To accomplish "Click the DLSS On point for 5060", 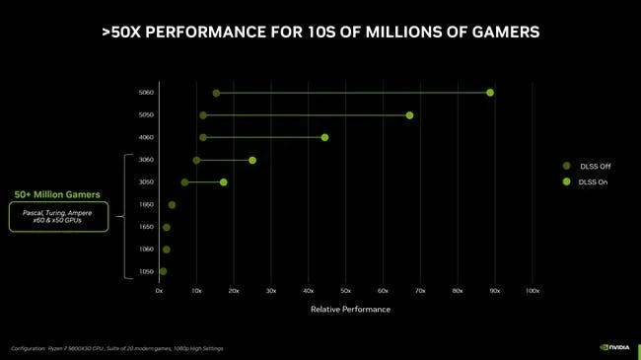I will point(490,93).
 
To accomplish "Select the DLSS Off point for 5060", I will point(216,93).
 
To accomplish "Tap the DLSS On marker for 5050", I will point(409,115).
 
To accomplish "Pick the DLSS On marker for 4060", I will point(324,137).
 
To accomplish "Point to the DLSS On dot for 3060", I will point(252,160).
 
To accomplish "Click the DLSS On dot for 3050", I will point(224,182).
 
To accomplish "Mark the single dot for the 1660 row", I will point(172,205).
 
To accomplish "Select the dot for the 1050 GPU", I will point(163,271).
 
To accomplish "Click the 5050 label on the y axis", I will point(146,115).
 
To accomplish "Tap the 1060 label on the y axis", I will point(146,250).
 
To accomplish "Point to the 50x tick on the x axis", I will point(345,291).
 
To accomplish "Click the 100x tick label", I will point(532,291).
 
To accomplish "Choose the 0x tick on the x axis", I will point(160,291).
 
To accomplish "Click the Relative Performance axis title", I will point(350,309).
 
